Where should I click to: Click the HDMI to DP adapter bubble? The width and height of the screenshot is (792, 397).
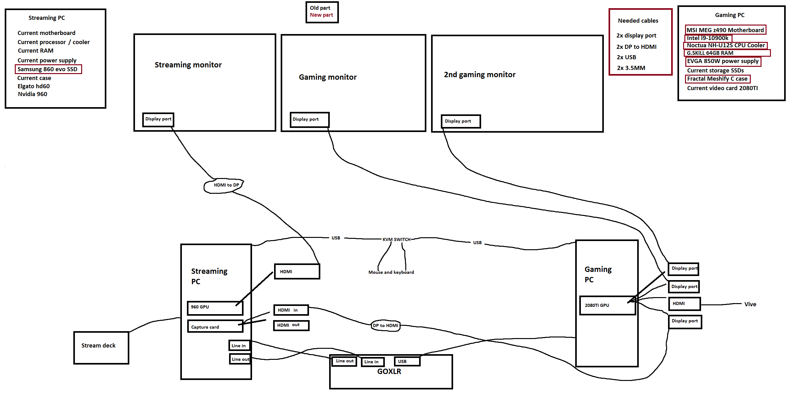click(224, 185)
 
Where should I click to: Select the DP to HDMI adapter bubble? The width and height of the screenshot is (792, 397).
click(385, 325)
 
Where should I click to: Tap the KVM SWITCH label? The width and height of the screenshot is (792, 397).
click(396, 239)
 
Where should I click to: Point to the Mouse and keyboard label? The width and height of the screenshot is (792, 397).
click(391, 272)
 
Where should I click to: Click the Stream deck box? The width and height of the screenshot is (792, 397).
click(101, 348)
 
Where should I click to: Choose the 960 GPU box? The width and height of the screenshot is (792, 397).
click(215, 308)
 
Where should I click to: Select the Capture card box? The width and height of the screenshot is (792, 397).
click(215, 326)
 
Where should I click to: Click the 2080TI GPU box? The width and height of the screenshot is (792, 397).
click(607, 305)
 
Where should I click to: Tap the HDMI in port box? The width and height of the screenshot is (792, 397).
click(291, 310)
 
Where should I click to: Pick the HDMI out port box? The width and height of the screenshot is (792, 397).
click(291, 325)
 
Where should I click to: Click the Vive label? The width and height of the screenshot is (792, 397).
click(750, 304)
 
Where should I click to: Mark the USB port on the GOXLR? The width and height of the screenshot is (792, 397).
click(407, 361)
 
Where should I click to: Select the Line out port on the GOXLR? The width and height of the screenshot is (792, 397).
click(345, 361)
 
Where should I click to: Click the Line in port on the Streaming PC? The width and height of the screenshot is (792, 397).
click(239, 346)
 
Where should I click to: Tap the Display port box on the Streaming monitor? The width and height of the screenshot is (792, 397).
click(158, 119)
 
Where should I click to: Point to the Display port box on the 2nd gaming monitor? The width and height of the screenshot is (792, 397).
click(461, 121)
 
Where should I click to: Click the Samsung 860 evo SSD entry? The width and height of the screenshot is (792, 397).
click(48, 69)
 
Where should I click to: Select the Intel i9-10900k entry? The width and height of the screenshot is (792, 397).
click(708, 38)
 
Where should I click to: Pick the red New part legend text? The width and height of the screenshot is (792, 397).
click(321, 15)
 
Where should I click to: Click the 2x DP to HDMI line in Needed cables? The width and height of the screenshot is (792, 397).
click(636, 47)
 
